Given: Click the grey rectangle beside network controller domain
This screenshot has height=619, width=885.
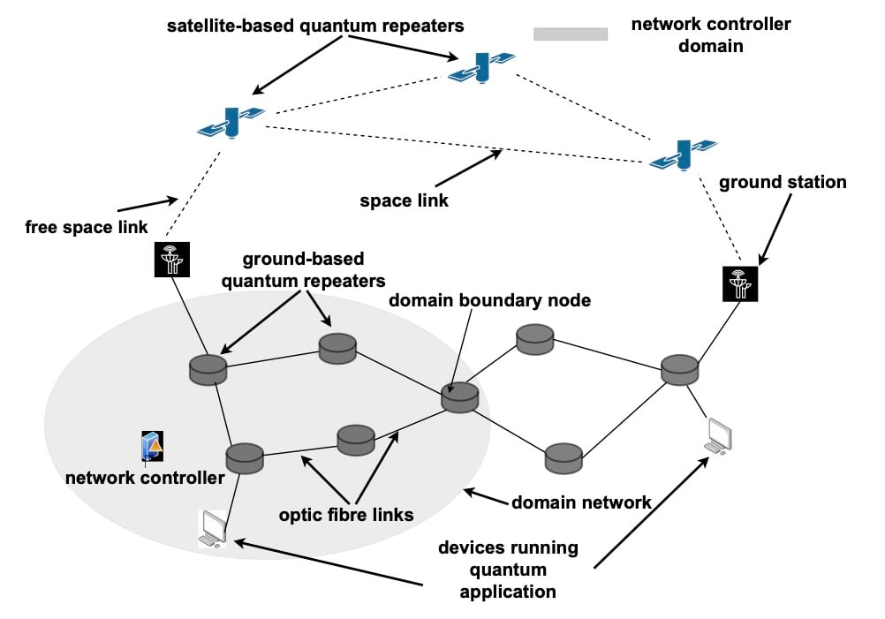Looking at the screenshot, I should [571, 34].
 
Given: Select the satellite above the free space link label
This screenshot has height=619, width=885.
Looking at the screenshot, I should [231, 122].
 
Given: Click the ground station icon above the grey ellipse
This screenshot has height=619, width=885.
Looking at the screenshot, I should [172, 260].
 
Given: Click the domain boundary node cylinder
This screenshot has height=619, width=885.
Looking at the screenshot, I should [460, 397].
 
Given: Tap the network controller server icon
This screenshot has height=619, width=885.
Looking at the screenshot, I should [152, 448].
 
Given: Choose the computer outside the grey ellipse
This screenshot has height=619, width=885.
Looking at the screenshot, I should [719, 436].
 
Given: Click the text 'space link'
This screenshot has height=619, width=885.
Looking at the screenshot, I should [405, 200].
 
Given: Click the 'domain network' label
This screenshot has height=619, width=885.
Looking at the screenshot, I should [581, 502].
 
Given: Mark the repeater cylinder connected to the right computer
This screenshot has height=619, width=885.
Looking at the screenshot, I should [679, 369].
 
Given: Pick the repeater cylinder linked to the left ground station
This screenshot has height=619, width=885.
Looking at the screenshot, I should [208, 369].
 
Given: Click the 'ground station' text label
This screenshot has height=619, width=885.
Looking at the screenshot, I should [783, 183].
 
